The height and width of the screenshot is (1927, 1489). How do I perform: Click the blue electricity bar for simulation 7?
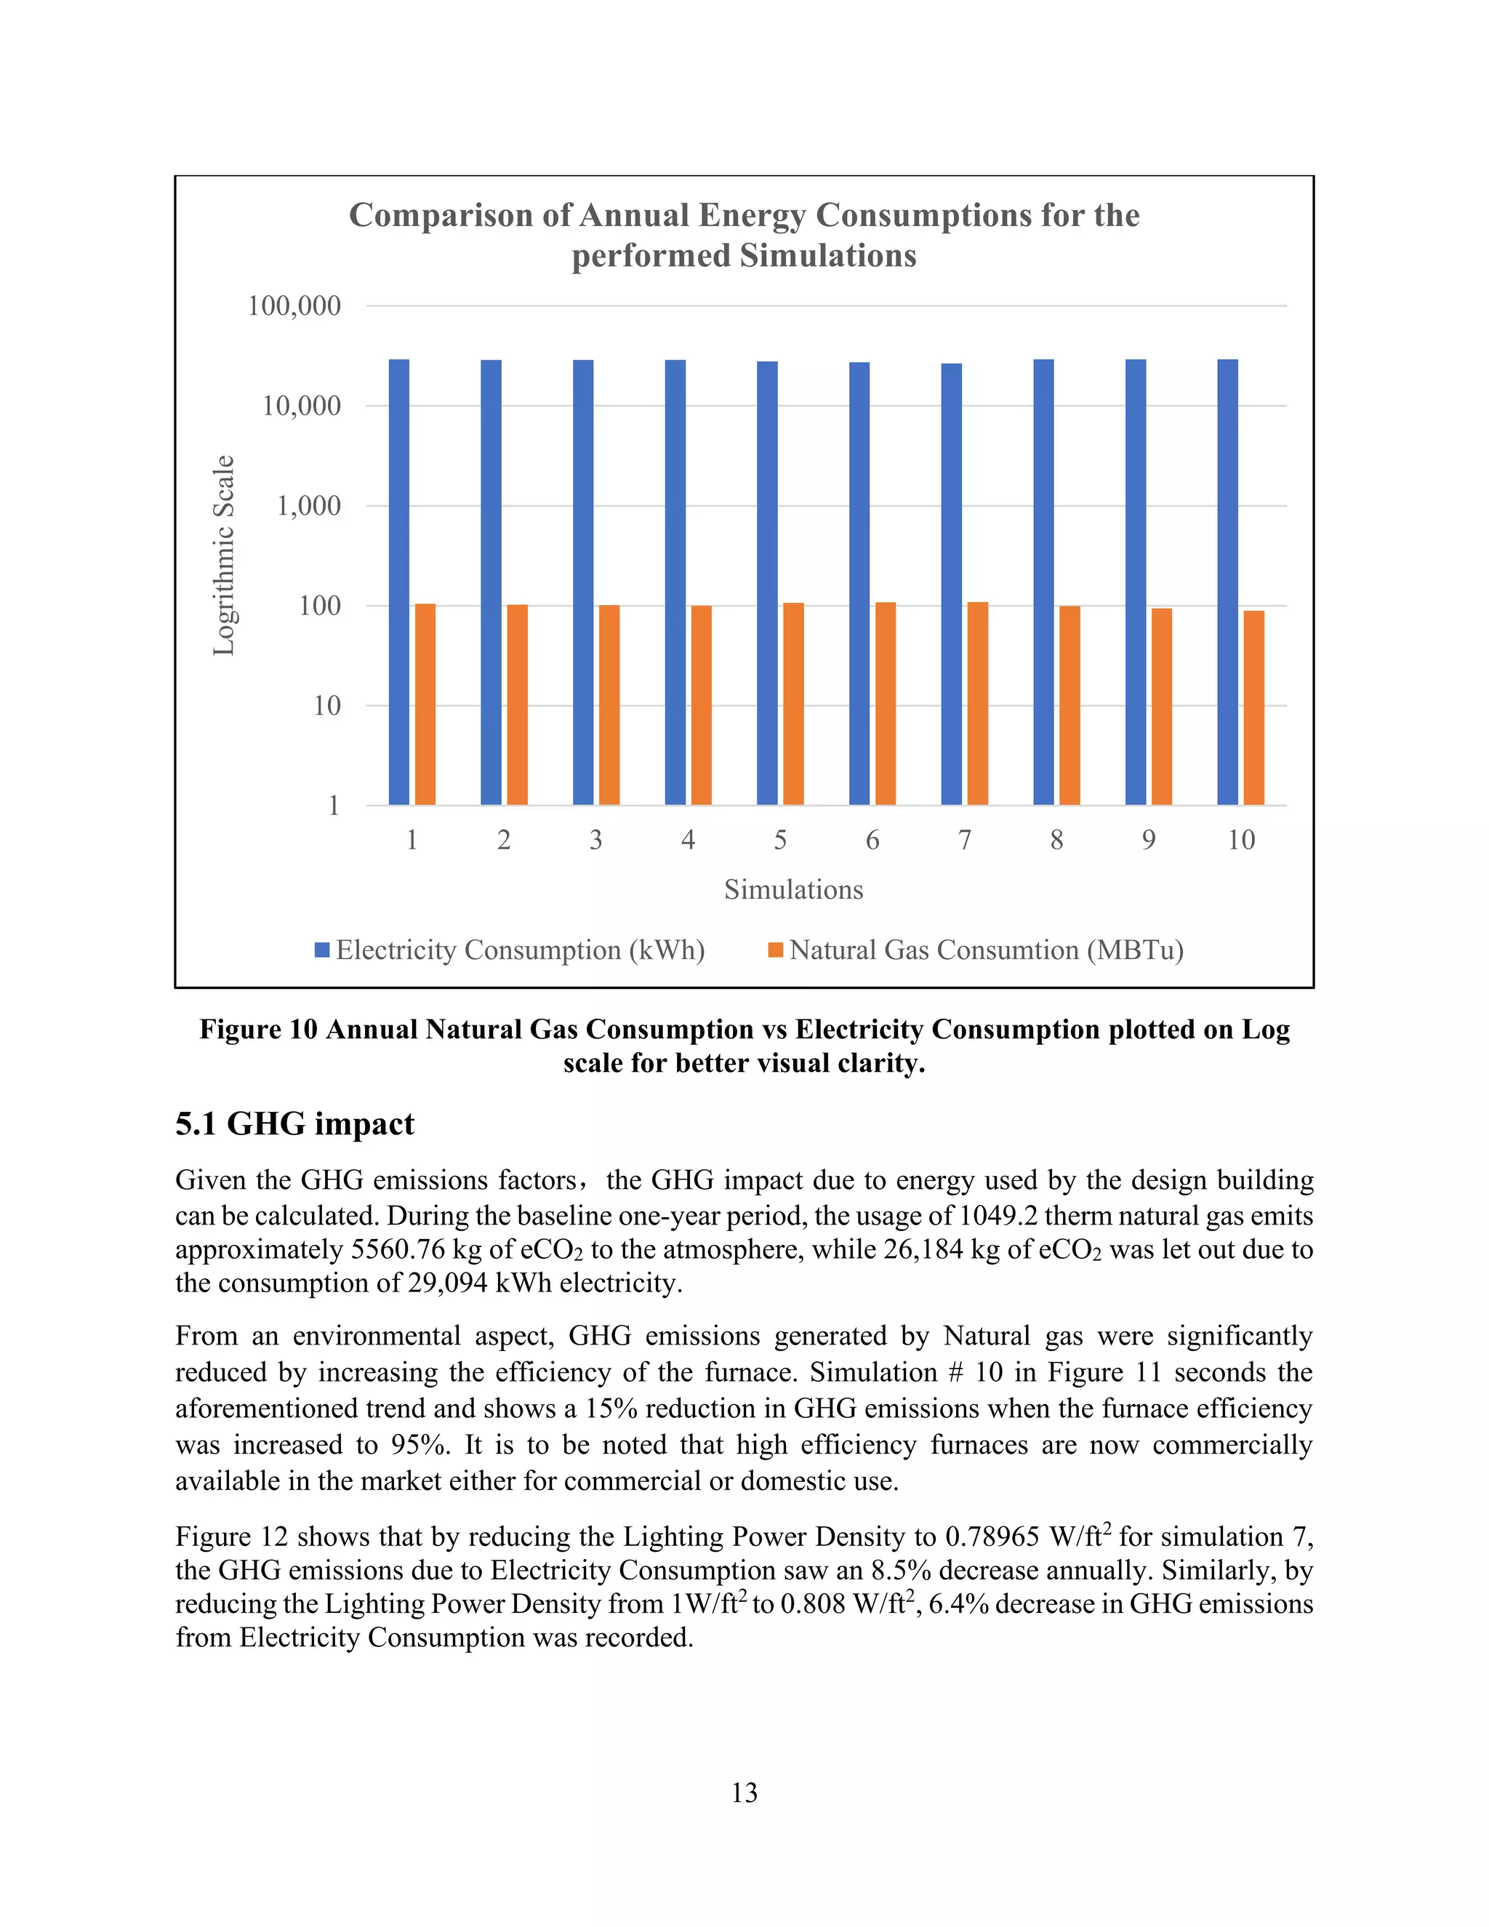[x=951, y=583]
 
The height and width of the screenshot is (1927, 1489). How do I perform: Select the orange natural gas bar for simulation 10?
[x=1253, y=707]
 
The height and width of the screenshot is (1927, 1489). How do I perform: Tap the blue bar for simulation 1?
[x=398, y=582]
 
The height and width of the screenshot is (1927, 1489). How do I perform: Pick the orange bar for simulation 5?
[x=793, y=703]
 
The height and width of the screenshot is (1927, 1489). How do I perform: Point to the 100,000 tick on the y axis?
[x=294, y=306]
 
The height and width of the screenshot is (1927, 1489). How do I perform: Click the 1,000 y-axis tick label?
[x=309, y=505]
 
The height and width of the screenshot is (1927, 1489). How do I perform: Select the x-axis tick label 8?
[x=1056, y=840]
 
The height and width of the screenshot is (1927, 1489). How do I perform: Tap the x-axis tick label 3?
[x=595, y=840]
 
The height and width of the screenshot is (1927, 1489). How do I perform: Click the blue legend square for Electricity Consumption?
[x=322, y=950]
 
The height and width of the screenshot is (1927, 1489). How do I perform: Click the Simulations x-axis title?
[x=793, y=889]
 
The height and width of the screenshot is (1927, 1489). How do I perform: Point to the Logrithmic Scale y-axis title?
[x=224, y=555]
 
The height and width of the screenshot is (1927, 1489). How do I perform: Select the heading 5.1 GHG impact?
[x=294, y=1124]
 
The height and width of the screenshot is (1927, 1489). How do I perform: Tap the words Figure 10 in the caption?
[x=257, y=1030]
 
